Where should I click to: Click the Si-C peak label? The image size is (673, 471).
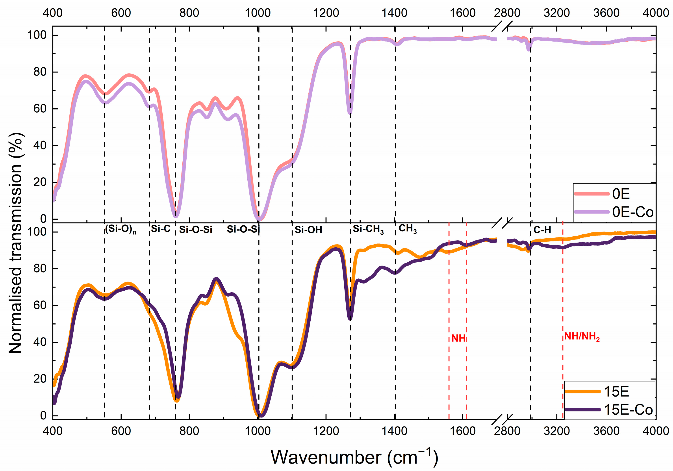161,229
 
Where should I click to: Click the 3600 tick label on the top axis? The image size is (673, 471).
606,13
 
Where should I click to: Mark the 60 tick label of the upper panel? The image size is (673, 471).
40,109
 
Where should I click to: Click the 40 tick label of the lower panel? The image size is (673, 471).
40,342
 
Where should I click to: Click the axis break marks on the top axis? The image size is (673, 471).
502,26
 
